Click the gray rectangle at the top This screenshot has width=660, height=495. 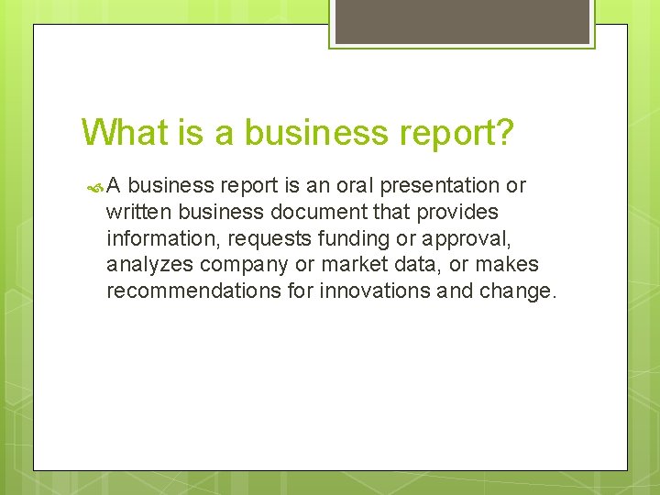(462, 20)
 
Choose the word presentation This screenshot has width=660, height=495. (443, 185)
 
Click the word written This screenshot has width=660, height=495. (139, 212)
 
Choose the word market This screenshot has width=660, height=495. (353, 265)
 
